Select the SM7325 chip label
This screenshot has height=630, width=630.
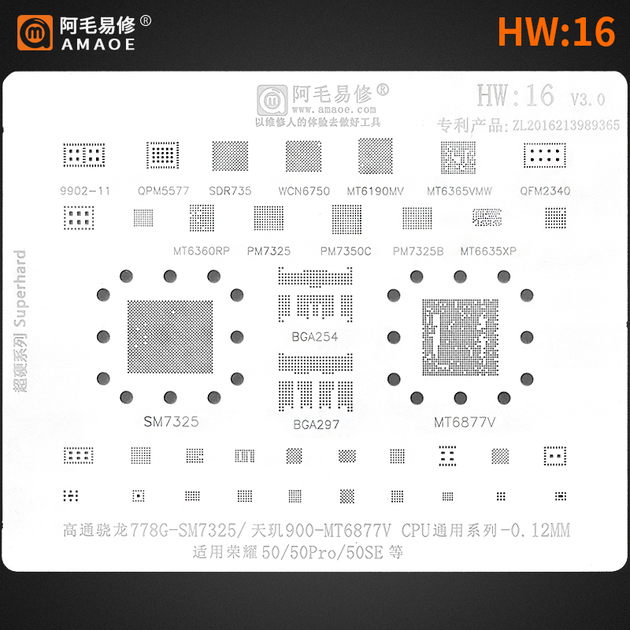(171, 421)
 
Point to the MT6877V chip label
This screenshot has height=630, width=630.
(465, 423)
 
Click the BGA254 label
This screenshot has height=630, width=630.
(315, 337)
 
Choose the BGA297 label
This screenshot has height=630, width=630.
(315, 425)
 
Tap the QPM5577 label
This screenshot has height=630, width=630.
(164, 191)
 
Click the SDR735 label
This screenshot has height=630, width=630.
(230, 191)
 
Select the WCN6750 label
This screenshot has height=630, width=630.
(304, 191)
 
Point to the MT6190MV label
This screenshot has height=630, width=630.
(376, 191)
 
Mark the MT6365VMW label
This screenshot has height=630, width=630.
(459, 191)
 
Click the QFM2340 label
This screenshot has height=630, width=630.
(545, 191)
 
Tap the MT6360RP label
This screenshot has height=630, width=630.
(202, 251)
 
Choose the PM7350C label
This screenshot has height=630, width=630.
(346, 251)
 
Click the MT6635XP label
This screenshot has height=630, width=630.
(488, 251)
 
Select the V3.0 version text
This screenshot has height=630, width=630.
(587, 99)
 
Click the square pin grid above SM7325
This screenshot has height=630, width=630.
(169, 335)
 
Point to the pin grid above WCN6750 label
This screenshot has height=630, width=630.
(303, 157)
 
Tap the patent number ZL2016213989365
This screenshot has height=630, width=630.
(565, 124)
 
